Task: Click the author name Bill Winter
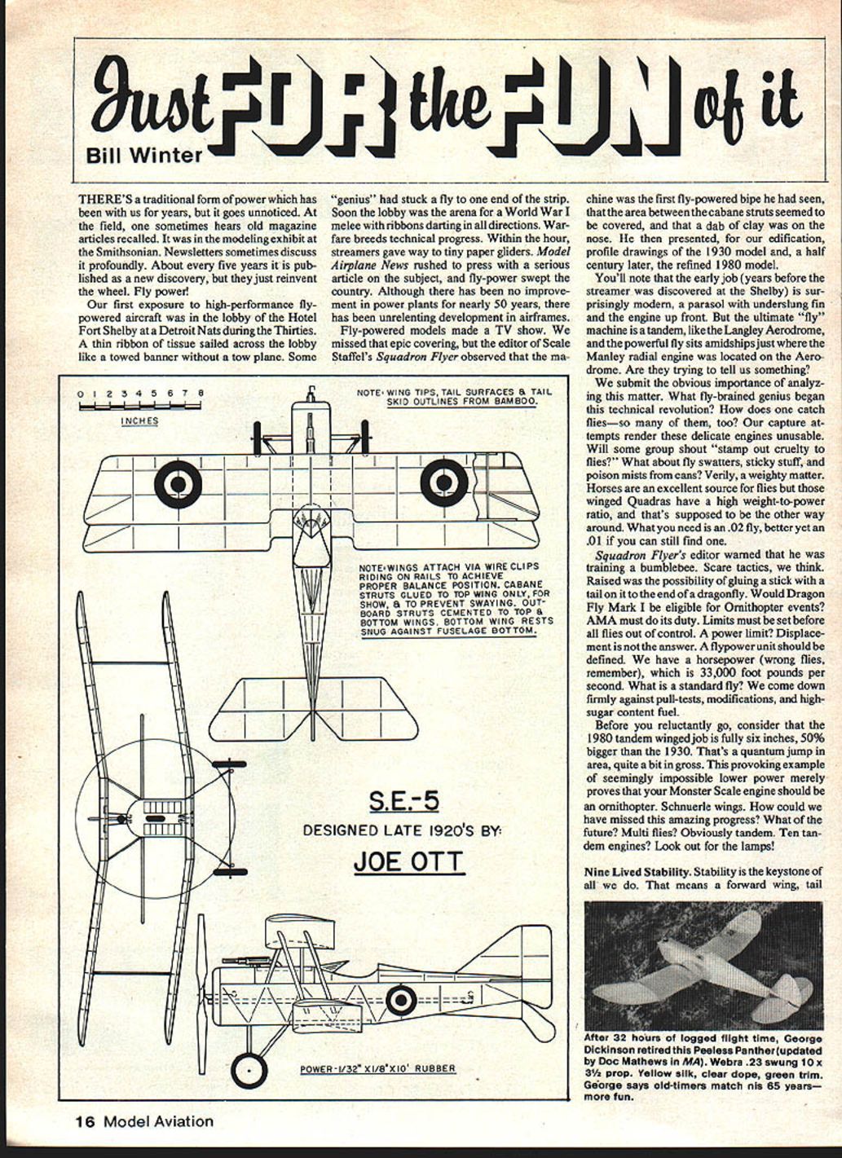[x=143, y=155]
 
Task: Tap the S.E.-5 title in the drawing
[x=403, y=802]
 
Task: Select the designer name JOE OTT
[x=408, y=861]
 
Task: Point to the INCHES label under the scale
[x=139, y=420]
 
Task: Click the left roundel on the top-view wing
[x=178, y=483]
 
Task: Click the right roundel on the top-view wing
[x=444, y=482]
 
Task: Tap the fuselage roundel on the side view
[x=400, y=1000]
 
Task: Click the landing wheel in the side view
[x=248, y=1070]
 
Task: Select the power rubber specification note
[x=377, y=1068]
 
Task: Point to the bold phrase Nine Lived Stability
[x=636, y=871]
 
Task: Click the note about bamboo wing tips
[x=454, y=396]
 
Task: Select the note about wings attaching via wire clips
[x=455, y=599]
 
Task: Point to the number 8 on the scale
[x=201, y=394]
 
